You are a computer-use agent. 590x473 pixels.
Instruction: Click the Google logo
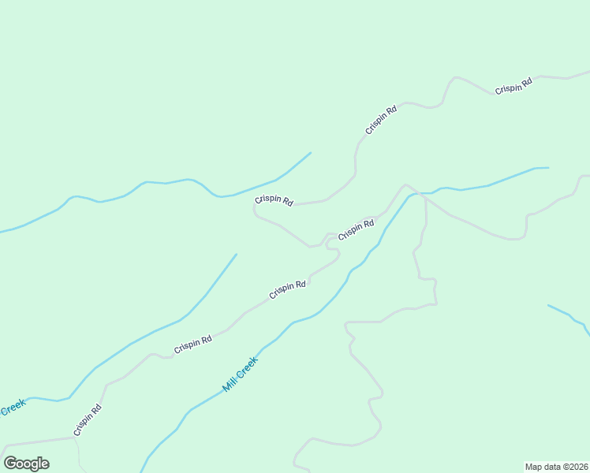coord(27,464)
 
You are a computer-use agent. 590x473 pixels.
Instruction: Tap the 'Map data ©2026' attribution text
coord(556,467)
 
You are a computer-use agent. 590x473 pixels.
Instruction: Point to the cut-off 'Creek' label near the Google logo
coord(13,408)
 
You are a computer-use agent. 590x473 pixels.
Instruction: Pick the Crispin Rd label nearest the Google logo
coord(88,420)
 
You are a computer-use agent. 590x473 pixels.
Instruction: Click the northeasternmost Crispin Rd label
coord(513,86)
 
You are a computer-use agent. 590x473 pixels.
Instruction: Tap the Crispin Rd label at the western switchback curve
coord(274,201)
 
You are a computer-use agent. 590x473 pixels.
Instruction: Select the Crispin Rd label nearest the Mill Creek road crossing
coord(356,231)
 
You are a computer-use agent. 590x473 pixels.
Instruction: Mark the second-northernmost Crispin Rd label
coord(381,119)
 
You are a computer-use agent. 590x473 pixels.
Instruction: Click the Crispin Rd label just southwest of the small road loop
coord(287,289)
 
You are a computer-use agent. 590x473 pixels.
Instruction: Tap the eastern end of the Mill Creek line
coord(547,168)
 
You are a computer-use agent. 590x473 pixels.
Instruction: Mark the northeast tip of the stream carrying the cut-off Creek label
coord(236,255)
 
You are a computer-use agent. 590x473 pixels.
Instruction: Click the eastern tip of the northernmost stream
coord(310,153)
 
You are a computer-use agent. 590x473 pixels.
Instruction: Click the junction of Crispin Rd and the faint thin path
coord(74,438)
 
